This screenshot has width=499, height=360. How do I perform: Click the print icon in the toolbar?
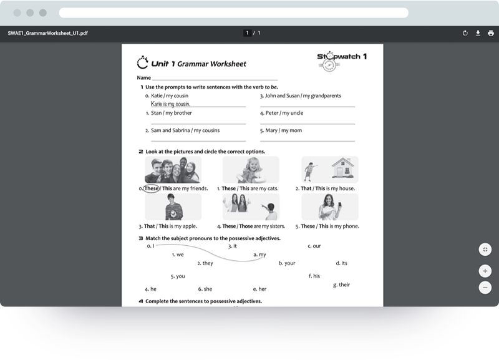tap(491, 33)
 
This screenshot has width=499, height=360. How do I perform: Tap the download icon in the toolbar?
tap(478, 33)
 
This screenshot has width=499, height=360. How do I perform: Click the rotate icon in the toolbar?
tap(465, 33)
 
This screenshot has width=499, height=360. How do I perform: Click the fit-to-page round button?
tap(485, 249)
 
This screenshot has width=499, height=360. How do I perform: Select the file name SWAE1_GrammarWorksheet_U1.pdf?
tap(48, 33)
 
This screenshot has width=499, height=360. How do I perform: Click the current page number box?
tap(247, 33)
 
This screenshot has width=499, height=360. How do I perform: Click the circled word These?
tap(151, 188)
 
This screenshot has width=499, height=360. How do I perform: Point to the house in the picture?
tap(342, 167)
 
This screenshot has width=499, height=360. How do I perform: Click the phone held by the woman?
tap(339, 205)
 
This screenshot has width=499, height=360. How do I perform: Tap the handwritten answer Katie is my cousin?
tap(170, 104)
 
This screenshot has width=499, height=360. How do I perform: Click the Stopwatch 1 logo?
tap(342, 61)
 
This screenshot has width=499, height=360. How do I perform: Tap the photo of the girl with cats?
tap(251, 170)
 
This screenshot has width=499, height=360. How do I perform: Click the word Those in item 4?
tap(246, 226)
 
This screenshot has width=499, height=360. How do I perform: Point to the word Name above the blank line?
tap(144, 77)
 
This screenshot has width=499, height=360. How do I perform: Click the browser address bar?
tap(233, 12)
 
